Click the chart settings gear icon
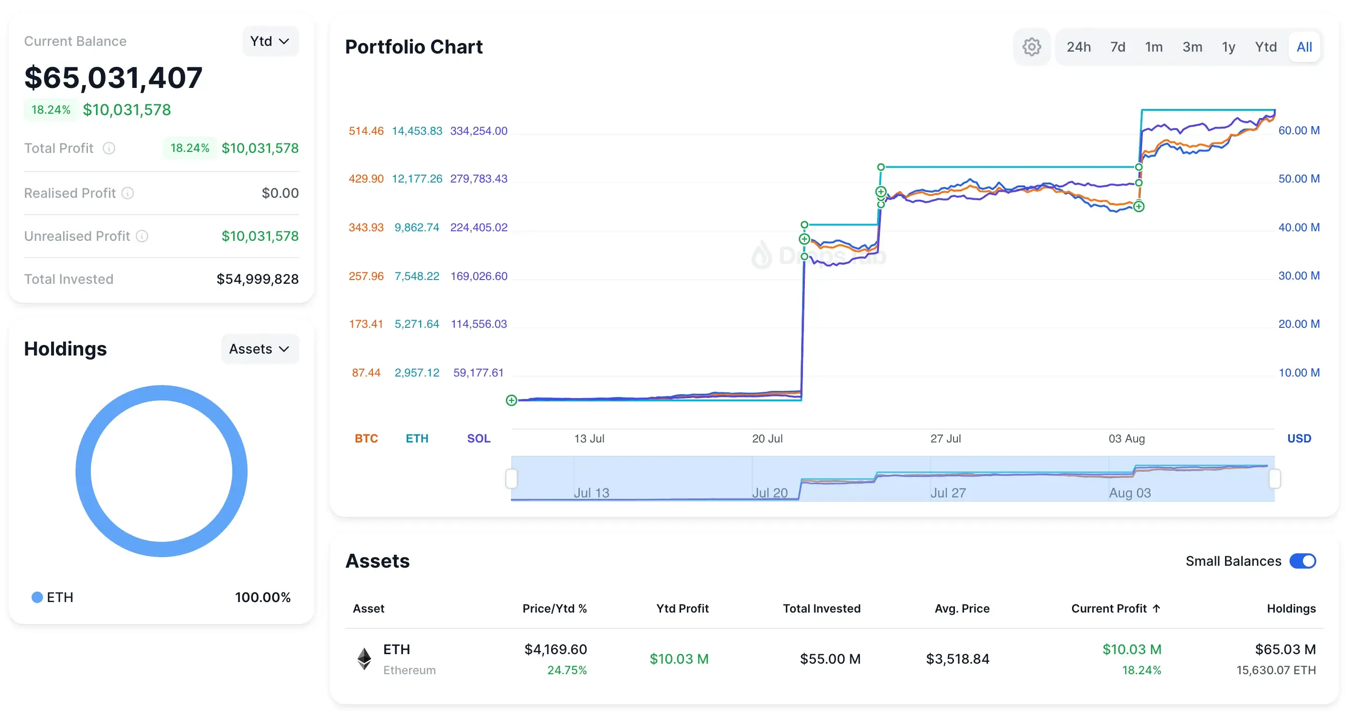click(1031, 47)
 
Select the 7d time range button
click(1117, 47)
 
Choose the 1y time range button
click(1228, 47)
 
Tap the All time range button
click(1304, 47)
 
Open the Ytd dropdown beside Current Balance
click(270, 41)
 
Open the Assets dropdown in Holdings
click(260, 349)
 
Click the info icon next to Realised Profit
click(128, 193)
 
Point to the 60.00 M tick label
click(1299, 130)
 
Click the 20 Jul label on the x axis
click(767, 439)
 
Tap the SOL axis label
click(478, 439)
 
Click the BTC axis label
click(366, 439)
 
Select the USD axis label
click(1299, 439)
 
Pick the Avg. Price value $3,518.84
click(957, 659)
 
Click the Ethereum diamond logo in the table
click(364, 659)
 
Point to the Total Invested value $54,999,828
click(258, 279)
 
